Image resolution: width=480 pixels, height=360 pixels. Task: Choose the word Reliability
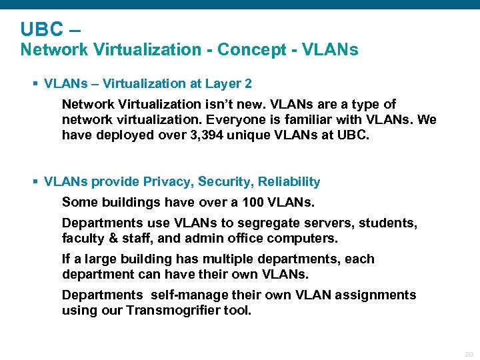click(x=289, y=182)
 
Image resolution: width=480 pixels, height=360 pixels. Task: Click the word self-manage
click(x=189, y=295)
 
